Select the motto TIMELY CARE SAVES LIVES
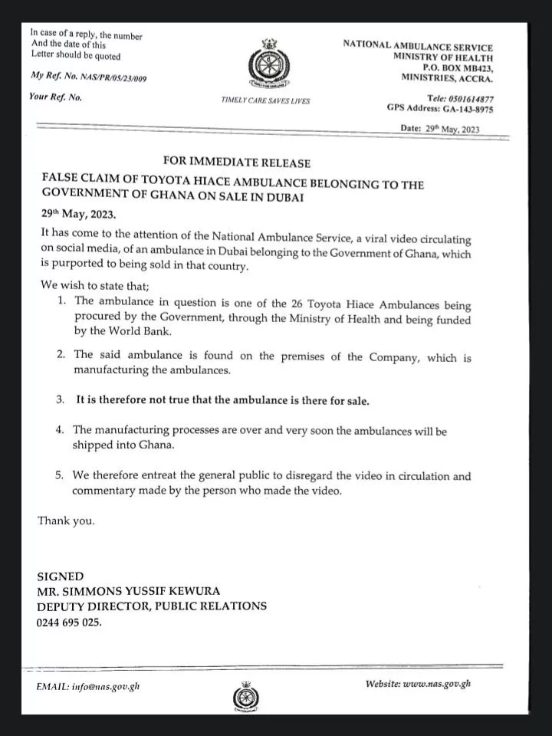(x=265, y=101)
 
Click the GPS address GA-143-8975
(x=464, y=110)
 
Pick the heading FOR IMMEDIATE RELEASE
(x=237, y=163)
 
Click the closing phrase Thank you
(x=67, y=521)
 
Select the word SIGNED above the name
(x=61, y=576)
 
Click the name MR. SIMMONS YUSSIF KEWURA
(x=129, y=590)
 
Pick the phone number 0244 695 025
(x=69, y=622)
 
